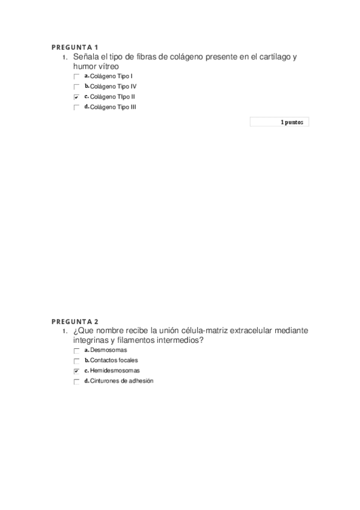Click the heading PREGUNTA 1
(75, 48)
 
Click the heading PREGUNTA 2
(75, 321)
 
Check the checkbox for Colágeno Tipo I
(76, 77)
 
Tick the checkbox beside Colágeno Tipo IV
(76, 87)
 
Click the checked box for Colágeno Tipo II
(76, 97)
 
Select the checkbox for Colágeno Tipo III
(76, 108)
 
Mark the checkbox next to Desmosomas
(76, 351)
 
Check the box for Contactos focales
(76, 361)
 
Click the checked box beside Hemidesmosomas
(76, 372)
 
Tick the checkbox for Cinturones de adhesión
(76, 382)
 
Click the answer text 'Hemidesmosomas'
(115, 371)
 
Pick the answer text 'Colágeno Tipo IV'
(113, 87)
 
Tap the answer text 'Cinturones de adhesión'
(121, 381)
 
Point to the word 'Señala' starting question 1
(86, 57)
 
